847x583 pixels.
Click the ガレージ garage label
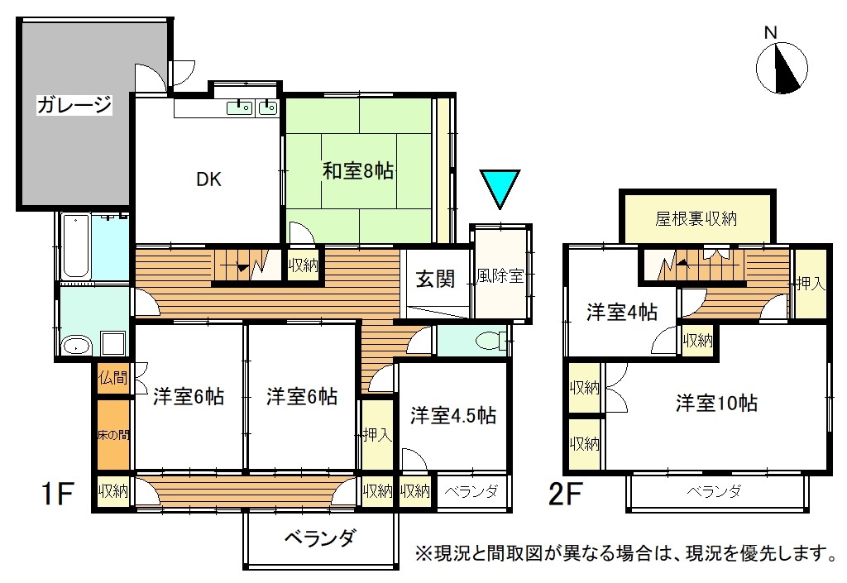click(74, 104)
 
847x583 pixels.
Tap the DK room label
click(208, 179)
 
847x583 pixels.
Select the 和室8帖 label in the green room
click(357, 171)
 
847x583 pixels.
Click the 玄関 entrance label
click(435, 279)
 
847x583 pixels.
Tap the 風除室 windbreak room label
click(500, 276)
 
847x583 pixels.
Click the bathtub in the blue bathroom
click(75, 245)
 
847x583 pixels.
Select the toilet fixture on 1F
click(490, 342)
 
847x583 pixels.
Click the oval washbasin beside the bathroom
click(75, 346)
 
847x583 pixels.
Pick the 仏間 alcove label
click(112, 377)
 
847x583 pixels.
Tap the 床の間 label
click(113, 434)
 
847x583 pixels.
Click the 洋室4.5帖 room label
click(453, 416)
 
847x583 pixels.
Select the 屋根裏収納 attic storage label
click(696, 218)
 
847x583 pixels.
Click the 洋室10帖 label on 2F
click(717, 404)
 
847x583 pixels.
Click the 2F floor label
click(564, 493)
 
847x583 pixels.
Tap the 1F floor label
click(57, 493)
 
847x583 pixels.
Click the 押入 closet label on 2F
click(811, 284)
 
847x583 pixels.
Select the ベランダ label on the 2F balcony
click(714, 491)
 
